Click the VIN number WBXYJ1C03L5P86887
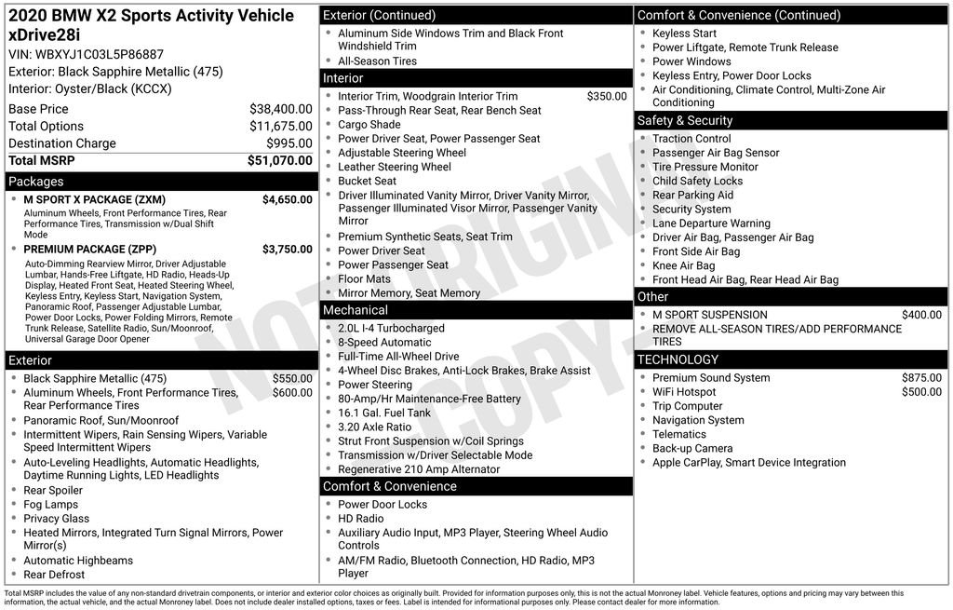coord(100,54)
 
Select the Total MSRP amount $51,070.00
coord(279,160)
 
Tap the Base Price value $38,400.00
coord(280,109)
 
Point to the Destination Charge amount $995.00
coord(289,143)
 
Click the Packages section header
coord(36,182)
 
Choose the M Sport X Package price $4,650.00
coord(287,199)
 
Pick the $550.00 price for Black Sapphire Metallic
coord(292,379)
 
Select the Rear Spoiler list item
coord(53,491)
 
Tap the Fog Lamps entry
coord(51,505)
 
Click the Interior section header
coord(342,78)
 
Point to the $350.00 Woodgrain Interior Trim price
coord(607,96)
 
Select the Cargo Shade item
coord(369,125)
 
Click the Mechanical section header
coord(355,310)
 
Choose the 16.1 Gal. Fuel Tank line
coord(384,413)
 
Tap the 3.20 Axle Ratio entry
coord(374,427)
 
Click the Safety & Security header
coord(684,120)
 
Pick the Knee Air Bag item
coord(683,265)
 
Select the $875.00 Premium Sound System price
coord(921,378)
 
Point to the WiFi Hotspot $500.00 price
coord(921,392)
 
